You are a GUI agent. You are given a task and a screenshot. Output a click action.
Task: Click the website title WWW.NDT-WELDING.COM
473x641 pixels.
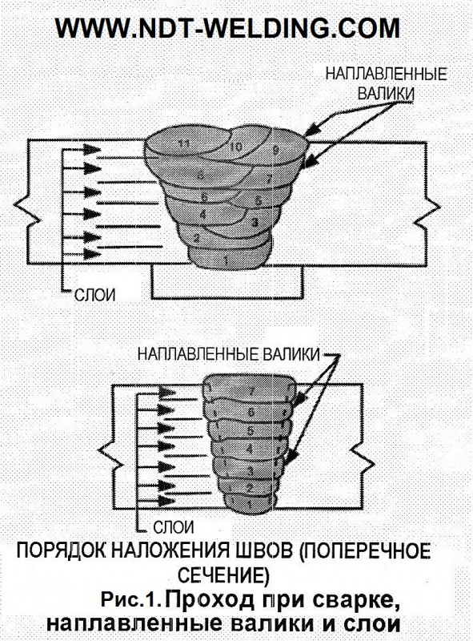(x=227, y=28)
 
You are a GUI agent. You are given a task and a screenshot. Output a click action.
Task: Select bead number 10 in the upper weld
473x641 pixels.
(x=236, y=147)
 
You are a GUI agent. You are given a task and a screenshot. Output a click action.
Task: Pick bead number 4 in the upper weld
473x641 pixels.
(x=203, y=214)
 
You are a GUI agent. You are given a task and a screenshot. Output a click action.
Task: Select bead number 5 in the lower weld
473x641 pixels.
(x=251, y=431)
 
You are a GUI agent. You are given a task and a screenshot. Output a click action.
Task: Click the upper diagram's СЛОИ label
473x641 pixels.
(x=94, y=295)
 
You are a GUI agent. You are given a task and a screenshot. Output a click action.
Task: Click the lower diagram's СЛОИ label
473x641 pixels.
(x=174, y=527)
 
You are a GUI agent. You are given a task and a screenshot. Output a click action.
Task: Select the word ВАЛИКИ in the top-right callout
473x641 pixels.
(x=386, y=94)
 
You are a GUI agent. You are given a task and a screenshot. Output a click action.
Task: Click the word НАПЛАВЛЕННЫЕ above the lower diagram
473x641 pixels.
(x=198, y=354)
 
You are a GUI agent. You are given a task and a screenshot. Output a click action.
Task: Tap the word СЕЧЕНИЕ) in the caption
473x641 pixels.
(x=223, y=575)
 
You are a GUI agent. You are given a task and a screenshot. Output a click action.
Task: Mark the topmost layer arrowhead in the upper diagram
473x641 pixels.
(x=92, y=149)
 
